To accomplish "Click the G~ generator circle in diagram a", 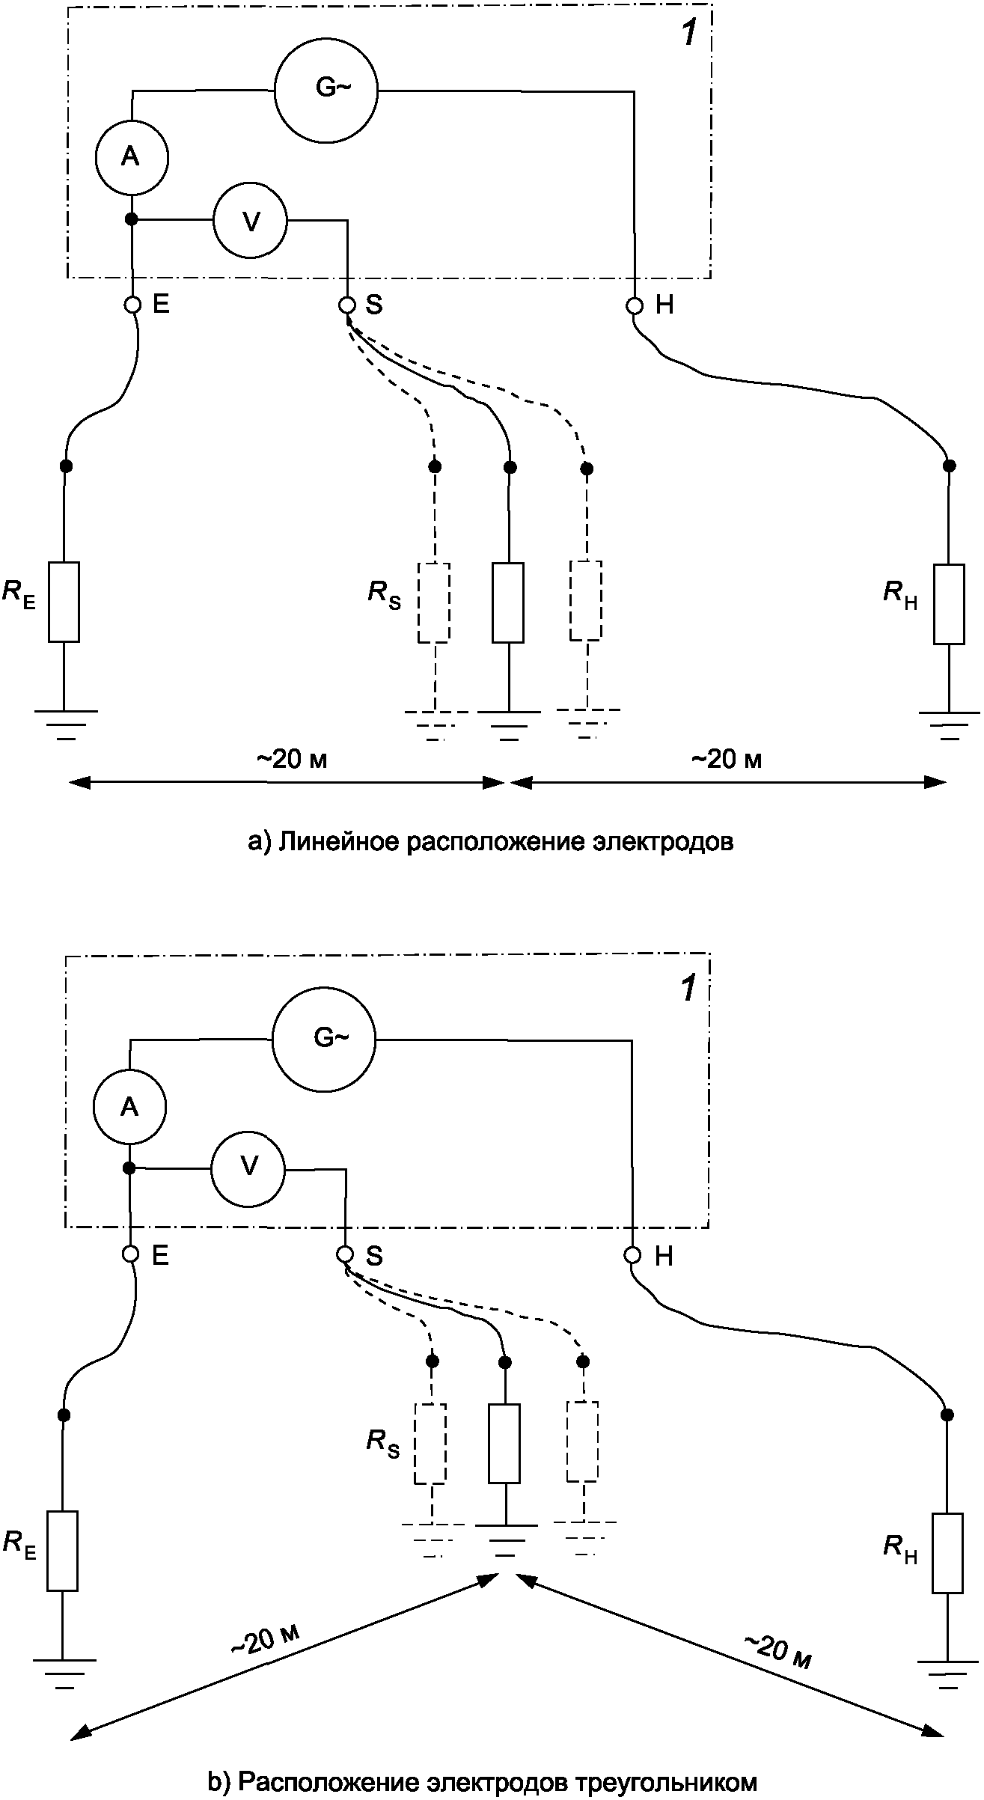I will pos(326,90).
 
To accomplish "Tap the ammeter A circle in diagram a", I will pos(132,157).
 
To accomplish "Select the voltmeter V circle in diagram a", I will pos(251,221).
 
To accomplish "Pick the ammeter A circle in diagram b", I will pos(129,1107).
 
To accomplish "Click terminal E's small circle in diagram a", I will pos(132,305).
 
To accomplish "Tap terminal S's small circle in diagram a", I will pos(346,305).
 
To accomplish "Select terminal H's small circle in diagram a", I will pos(635,305).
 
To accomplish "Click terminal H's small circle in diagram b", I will pos(633,1255).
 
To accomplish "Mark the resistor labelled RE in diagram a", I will pos(64,602).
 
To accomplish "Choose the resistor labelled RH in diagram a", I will pos(949,604).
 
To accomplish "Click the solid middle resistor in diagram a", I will pos(508,602).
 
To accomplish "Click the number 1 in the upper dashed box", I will pos(688,34).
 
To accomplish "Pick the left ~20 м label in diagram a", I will pos(293,760).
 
